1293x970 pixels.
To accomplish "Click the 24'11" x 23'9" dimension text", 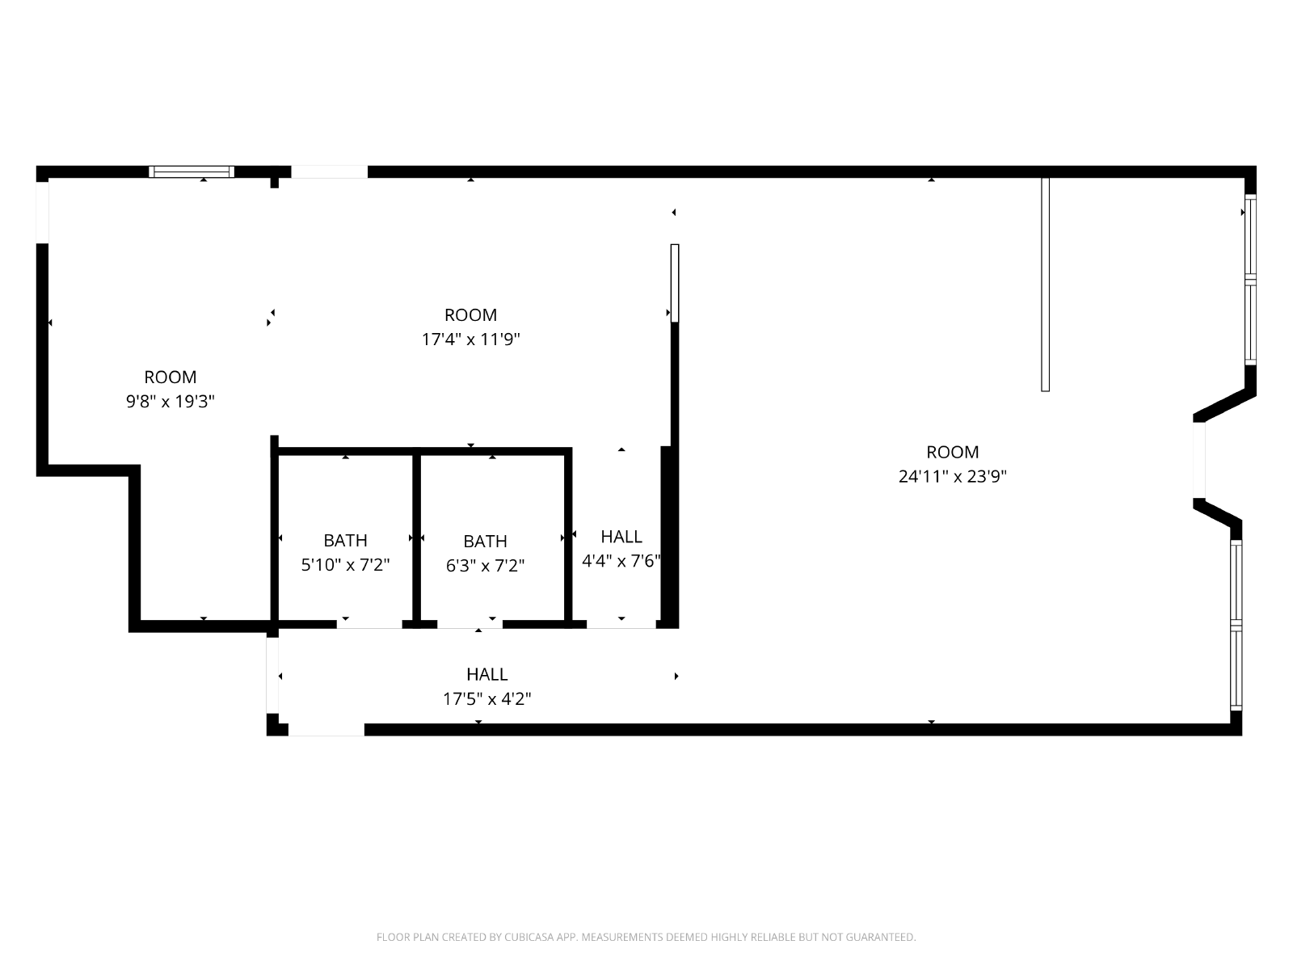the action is click(952, 476).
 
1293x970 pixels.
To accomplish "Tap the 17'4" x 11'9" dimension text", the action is click(470, 339).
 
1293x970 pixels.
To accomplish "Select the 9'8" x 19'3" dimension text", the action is click(171, 401).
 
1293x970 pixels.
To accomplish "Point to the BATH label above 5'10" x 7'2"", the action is click(345, 540).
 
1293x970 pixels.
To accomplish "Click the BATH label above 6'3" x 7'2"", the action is click(485, 541).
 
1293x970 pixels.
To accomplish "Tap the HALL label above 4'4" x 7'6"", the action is click(621, 537).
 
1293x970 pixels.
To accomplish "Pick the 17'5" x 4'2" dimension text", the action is click(486, 698).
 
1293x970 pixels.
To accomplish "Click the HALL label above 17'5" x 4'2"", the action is click(487, 674).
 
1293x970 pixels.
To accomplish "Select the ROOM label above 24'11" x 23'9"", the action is click(953, 452).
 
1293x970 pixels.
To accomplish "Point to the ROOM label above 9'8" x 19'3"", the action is click(171, 377).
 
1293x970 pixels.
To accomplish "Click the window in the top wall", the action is click(192, 172).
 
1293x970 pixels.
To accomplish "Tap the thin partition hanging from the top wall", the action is click(1045, 285).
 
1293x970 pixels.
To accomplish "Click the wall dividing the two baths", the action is click(416, 538).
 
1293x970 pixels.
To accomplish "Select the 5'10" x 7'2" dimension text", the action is click(345, 565).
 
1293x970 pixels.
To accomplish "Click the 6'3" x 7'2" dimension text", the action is click(485, 565).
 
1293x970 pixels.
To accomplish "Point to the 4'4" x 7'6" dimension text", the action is click(621, 561).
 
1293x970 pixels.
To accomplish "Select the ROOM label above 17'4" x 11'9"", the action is click(470, 314).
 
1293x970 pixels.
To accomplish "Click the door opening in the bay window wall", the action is click(1198, 460).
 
